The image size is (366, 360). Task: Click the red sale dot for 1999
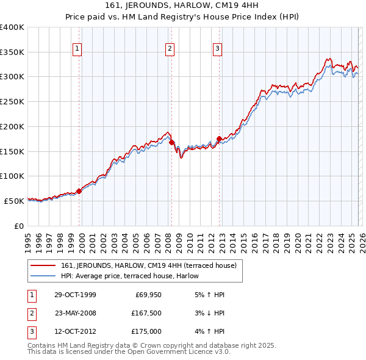[79, 191]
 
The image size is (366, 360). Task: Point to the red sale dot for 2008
[171, 142]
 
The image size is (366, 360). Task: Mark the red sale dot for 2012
[219, 139]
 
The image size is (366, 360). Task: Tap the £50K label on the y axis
[14, 201]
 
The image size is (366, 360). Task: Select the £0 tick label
[18, 226]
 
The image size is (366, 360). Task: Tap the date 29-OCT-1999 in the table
[75, 295]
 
